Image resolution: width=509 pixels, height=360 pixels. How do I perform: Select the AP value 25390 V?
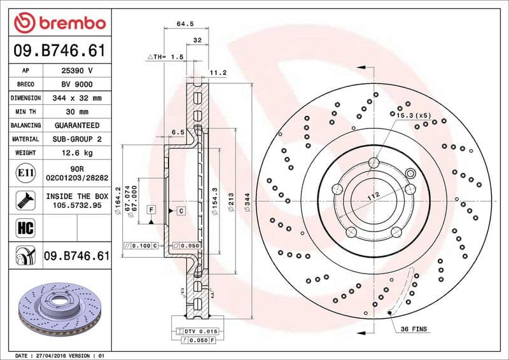[x=78, y=71]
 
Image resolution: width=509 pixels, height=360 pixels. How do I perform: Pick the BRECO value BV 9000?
[x=78, y=85]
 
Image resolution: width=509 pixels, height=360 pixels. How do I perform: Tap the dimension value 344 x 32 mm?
[x=78, y=99]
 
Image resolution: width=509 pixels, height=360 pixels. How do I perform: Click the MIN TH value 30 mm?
[x=78, y=112]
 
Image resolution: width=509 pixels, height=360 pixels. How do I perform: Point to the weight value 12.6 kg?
[x=78, y=153]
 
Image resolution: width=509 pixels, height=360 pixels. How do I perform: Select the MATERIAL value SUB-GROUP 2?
[x=78, y=139]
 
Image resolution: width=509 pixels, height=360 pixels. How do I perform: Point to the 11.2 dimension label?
[x=218, y=73]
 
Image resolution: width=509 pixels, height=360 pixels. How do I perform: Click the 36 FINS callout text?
[x=414, y=329]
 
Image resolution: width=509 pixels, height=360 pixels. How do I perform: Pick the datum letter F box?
[x=151, y=209]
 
